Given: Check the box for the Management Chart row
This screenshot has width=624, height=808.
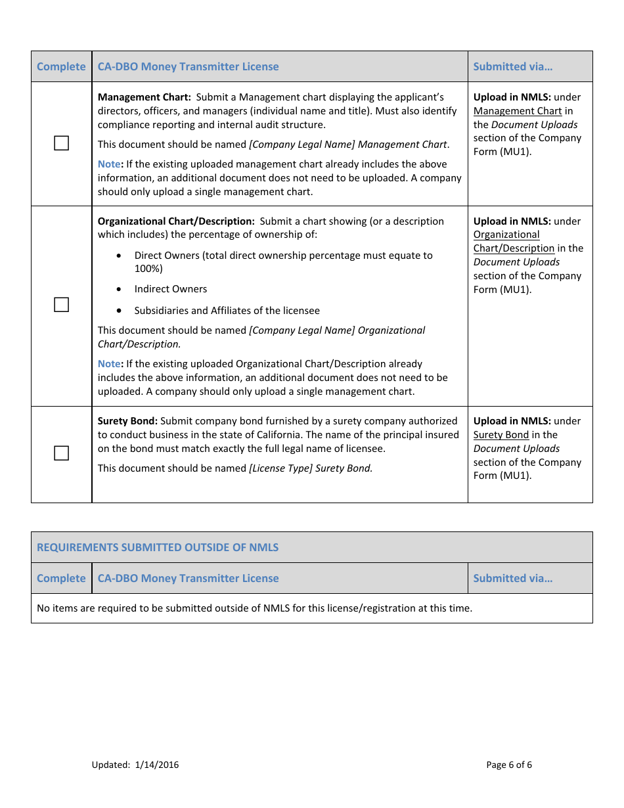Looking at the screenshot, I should pyautogui.click(x=61, y=143).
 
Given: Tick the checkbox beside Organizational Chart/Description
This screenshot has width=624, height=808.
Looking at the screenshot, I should pyautogui.click(x=61, y=305).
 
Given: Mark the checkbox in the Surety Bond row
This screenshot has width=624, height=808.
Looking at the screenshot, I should pyautogui.click(x=61, y=453).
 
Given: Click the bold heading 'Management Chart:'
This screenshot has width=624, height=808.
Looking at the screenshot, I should pyautogui.click(x=143, y=97).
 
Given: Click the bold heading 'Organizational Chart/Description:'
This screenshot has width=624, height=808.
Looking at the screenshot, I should pyautogui.click(x=176, y=221).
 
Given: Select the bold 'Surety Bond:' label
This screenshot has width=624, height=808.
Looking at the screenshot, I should pyautogui.click(x=127, y=421).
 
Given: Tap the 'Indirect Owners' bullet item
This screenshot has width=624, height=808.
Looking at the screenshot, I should pyautogui.click(x=171, y=289).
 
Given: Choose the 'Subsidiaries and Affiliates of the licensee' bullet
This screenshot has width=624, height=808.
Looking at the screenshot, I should pyautogui.click(x=227, y=311).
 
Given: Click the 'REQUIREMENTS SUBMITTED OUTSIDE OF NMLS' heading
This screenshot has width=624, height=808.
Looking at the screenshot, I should pyautogui.click(x=158, y=547).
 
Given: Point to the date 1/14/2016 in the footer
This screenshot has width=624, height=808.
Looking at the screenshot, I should pyautogui.click(x=157, y=765).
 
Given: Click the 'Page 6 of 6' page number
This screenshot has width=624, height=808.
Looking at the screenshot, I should pyautogui.click(x=509, y=765).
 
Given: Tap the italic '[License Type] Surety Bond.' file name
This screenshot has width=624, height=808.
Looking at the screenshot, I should pyautogui.click(x=311, y=468).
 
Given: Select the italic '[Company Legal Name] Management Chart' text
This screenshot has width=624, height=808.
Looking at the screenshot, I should pyautogui.click(x=348, y=145).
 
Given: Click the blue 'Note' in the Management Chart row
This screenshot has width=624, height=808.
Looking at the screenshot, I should pyautogui.click(x=109, y=164).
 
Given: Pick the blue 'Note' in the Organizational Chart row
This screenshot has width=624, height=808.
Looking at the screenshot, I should pyautogui.click(x=109, y=364).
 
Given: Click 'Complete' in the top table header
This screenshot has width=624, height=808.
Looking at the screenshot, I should pyautogui.click(x=61, y=66).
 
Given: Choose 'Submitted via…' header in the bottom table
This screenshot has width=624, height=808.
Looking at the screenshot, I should pyautogui.click(x=513, y=578).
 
